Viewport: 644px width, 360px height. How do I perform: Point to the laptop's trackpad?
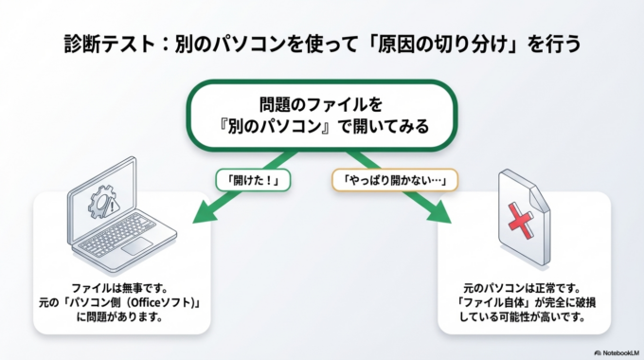point(139,245)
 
